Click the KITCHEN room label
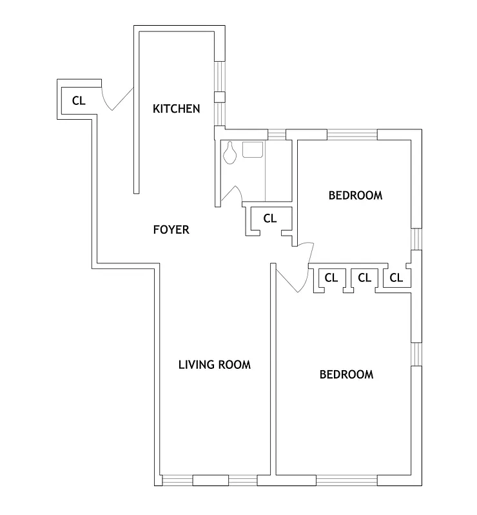[x=176, y=109]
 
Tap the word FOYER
[x=171, y=229]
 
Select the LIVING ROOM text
[x=214, y=364]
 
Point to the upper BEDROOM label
[x=355, y=195]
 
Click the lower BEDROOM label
[x=346, y=374]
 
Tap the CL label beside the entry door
[x=78, y=100]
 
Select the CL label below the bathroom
[x=269, y=219]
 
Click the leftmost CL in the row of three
[x=331, y=278]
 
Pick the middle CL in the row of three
[x=364, y=278]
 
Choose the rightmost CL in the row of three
[x=396, y=278]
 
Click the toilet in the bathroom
[x=229, y=153]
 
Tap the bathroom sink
[x=253, y=149]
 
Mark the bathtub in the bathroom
[x=278, y=171]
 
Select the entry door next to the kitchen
[x=118, y=100]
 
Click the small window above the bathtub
[x=277, y=135]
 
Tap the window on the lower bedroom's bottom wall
[x=346, y=480]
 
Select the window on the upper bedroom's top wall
[x=352, y=135]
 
